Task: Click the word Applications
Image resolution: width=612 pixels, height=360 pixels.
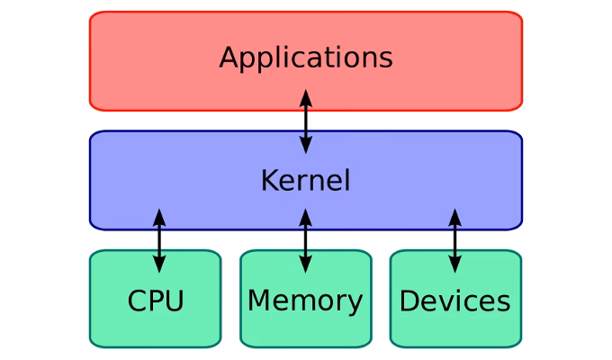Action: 306,58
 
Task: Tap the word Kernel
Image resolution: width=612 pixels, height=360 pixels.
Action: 305,181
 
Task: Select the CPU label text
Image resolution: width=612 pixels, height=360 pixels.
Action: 156,301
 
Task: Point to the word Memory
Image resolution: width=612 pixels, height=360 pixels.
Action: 305,301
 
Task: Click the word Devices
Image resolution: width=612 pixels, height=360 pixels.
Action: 454,301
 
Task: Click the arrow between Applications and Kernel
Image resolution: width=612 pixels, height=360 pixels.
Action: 306,121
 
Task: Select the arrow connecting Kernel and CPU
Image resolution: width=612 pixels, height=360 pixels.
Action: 159,240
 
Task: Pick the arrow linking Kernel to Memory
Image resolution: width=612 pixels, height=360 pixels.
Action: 305,240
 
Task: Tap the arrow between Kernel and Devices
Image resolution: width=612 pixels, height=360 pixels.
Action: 454,240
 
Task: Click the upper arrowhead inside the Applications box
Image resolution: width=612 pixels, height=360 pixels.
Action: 306,96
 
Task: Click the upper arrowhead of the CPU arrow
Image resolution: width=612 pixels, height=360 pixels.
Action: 159,217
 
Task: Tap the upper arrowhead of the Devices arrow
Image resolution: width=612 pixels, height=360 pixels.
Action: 454,217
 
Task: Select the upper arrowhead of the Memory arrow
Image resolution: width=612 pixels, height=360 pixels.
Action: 305,217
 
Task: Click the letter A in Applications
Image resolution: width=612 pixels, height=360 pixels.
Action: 229,58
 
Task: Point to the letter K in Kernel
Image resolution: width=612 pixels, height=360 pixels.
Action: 268,181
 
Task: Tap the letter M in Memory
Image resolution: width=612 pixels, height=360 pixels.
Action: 258,301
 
